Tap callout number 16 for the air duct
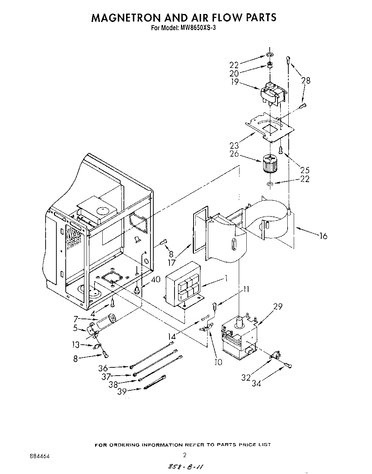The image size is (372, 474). pos(323,236)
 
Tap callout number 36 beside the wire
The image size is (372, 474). pos(103,368)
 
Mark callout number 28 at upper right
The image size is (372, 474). pos(306,81)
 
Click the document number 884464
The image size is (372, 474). pos(37,456)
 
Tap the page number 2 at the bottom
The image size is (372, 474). pos(185,455)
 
